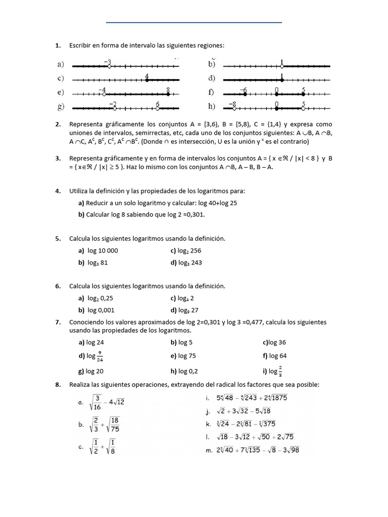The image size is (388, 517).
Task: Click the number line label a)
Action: (x=61, y=65)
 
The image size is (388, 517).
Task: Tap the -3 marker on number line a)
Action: (x=108, y=63)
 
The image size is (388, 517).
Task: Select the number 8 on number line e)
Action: (x=168, y=90)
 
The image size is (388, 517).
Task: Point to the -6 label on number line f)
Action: (x=243, y=90)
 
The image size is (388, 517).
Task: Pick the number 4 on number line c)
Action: (x=147, y=76)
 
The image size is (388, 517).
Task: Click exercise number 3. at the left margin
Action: (x=58, y=159)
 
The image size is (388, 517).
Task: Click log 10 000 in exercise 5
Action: (x=103, y=250)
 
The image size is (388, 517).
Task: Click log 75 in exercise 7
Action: (x=187, y=356)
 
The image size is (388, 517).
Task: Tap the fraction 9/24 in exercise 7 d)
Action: (x=100, y=356)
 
